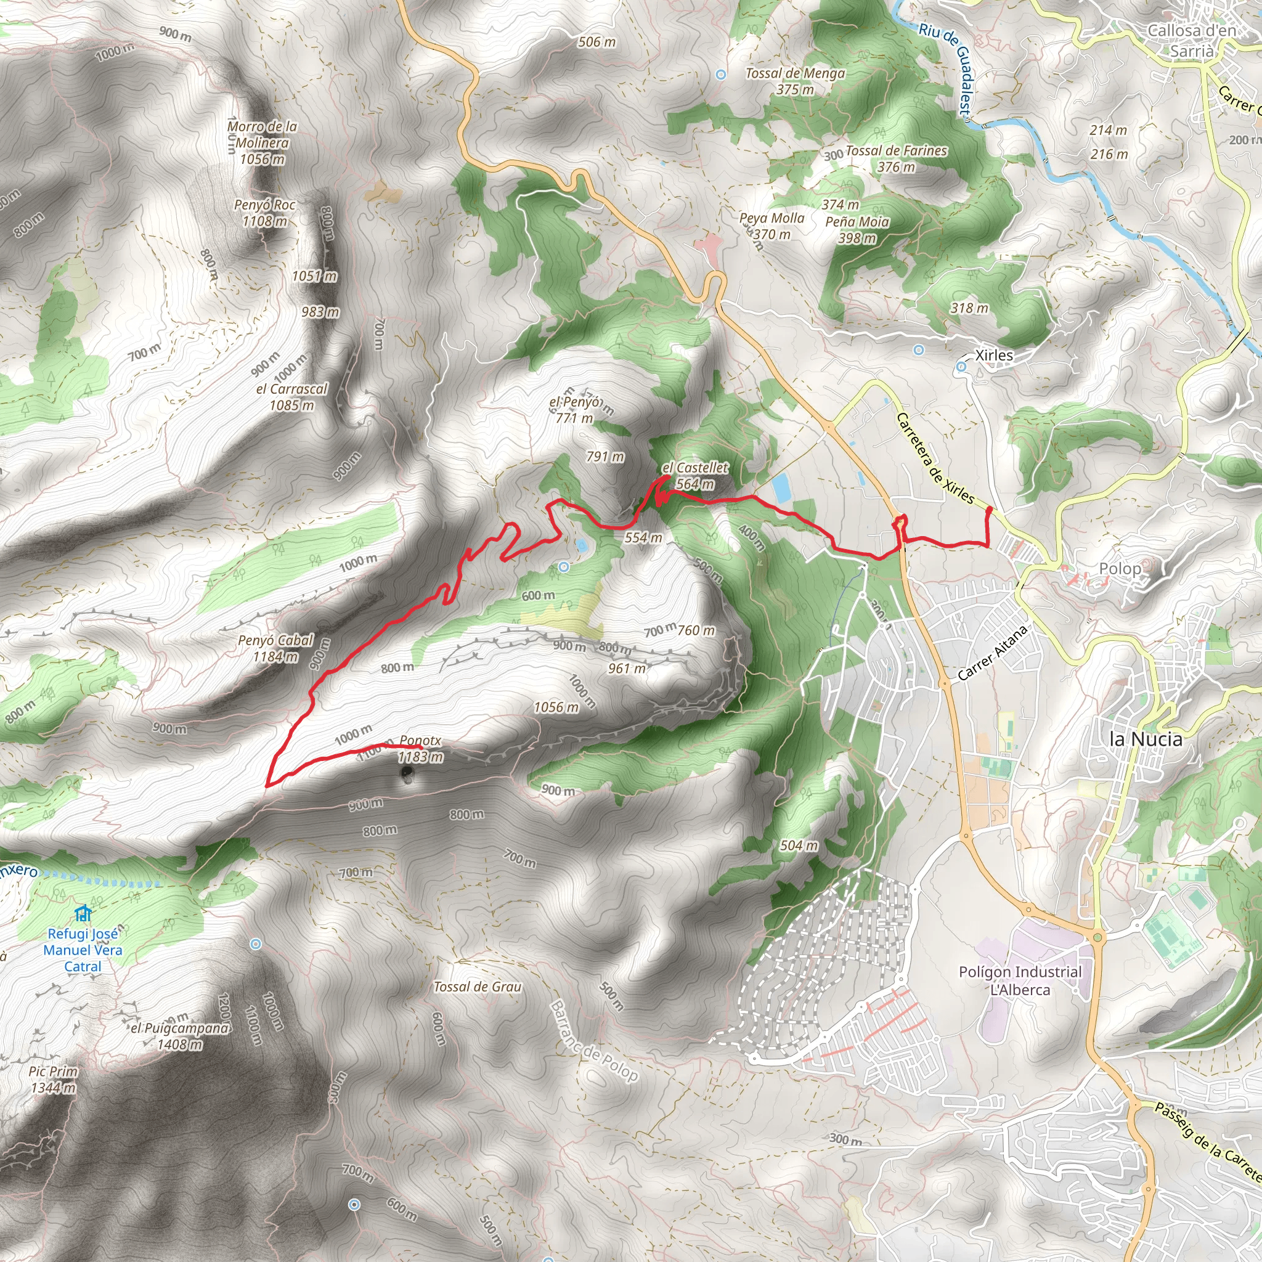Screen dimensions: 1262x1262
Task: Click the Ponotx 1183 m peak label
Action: click(x=421, y=749)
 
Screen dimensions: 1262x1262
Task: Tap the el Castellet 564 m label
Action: click(x=695, y=476)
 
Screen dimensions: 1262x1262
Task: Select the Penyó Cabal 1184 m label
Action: click(x=275, y=648)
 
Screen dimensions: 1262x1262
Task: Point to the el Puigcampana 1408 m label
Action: click(x=180, y=1036)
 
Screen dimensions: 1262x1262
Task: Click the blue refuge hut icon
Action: click(x=83, y=913)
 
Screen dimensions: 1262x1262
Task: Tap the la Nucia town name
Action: click(x=1146, y=739)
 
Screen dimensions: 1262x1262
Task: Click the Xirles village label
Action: click(x=993, y=356)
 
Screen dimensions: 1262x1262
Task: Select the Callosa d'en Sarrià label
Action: click(x=1192, y=41)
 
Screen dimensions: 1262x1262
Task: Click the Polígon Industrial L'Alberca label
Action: click(x=1020, y=980)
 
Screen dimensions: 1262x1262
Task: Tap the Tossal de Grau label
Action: click(x=478, y=987)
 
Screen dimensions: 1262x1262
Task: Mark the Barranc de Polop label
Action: click(x=593, y=1042)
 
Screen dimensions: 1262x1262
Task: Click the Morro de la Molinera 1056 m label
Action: click(x=262, y=142)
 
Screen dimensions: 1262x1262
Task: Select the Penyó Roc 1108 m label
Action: click(x=264, y=213)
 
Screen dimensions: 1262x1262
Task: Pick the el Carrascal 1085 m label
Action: click(x=291, y=396)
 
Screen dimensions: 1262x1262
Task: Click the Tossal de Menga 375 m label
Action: click(x=795, y=81)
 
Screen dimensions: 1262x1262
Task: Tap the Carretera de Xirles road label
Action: click(x=935, y=458)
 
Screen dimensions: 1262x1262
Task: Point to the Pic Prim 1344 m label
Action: click(x=54, y=1079)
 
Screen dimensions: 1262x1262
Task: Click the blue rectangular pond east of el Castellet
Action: click(x=780, y=487)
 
